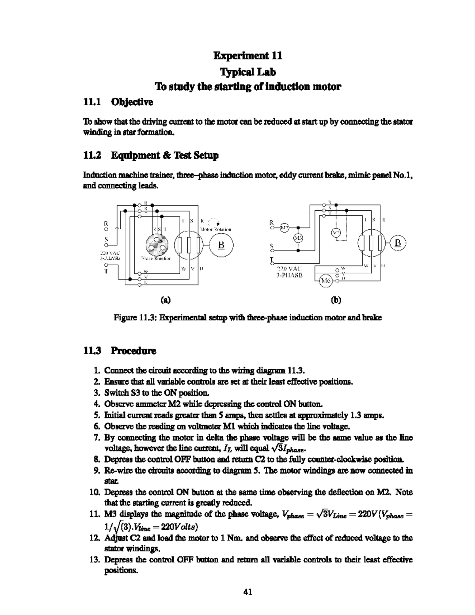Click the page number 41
[248, 592]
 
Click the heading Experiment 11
[248, 55]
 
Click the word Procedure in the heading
[133, 350]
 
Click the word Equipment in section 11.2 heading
[134, 155]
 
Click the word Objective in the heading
[132, 102]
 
